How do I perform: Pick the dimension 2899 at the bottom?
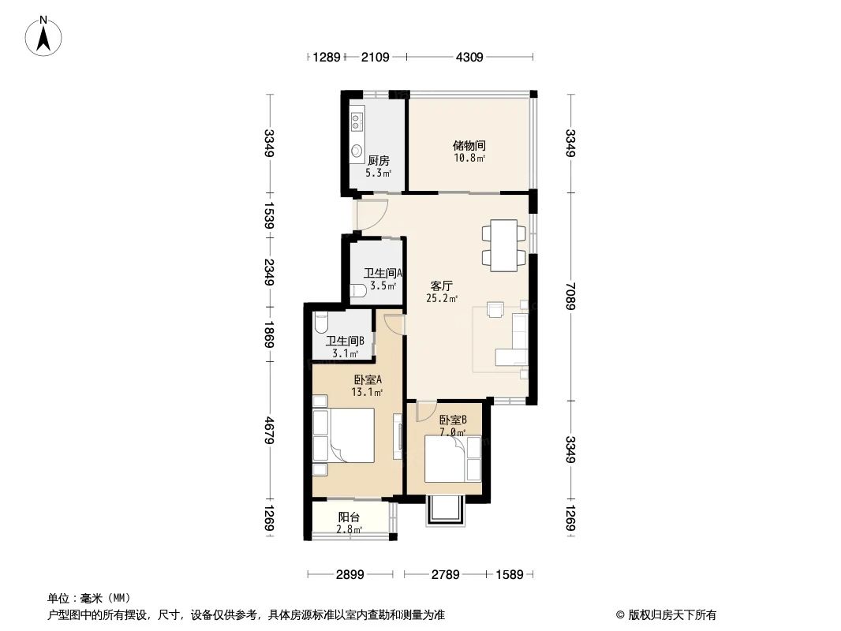tap(349, 575)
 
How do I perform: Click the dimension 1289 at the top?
tap(326, 57)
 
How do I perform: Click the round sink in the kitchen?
tap(357, 150)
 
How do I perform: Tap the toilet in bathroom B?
tap(320, 323)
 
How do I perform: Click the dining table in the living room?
tap(504, 245)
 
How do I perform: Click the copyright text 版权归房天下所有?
tap(667, 614)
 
